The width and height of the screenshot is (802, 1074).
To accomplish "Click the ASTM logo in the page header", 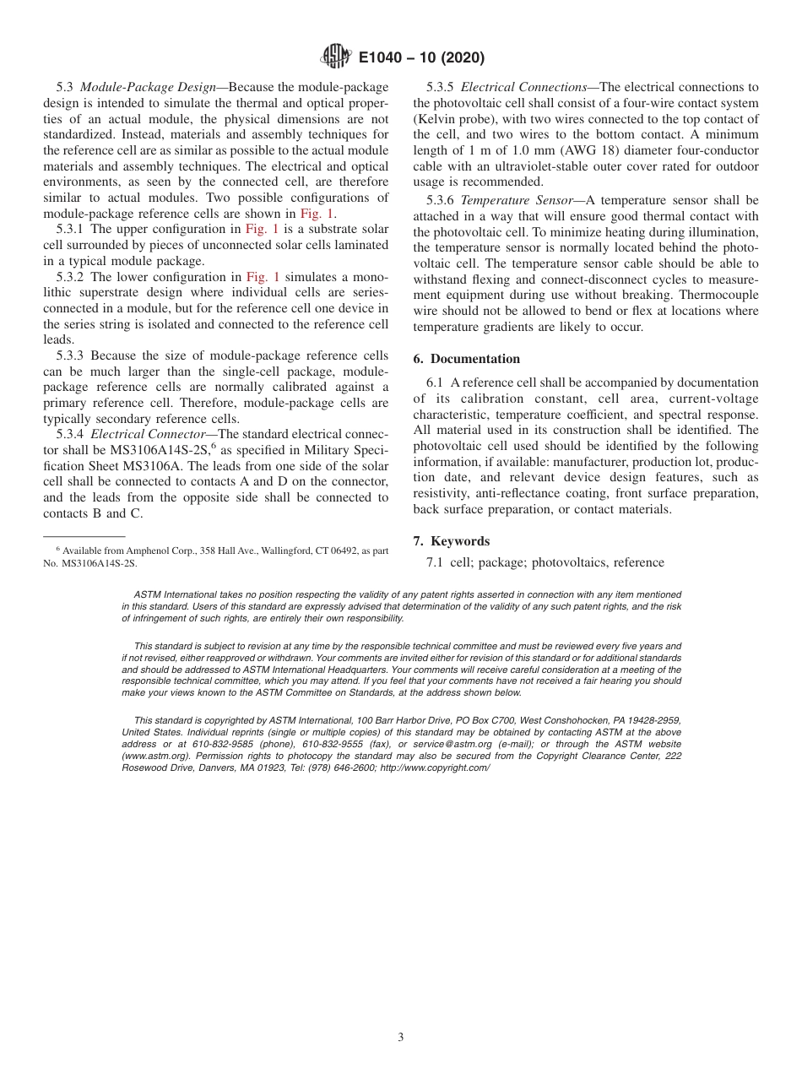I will (x=335, y=57).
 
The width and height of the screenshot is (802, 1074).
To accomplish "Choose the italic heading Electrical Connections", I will (x=523, y=87).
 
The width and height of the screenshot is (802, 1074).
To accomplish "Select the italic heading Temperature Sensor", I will (x=519, y=200).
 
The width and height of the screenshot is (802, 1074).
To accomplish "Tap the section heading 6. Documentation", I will (x=467, y=359).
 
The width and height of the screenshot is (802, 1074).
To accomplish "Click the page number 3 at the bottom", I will (x=401, y=1038).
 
